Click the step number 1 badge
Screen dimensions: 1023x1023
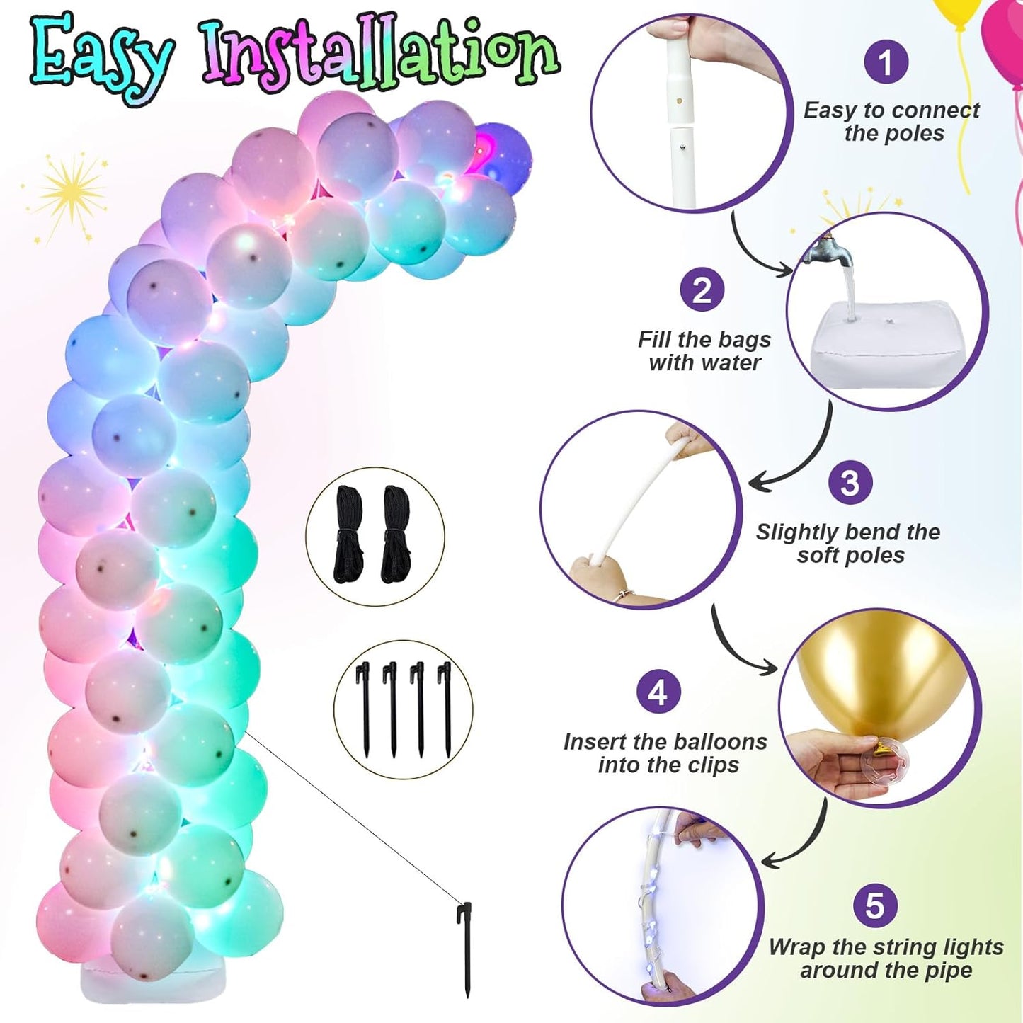point(886,62)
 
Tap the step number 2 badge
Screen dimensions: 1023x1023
point(702,290)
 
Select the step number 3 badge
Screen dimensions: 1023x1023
point(850,483)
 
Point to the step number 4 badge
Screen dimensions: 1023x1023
point(658,692)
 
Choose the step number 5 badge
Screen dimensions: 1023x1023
point(875,905)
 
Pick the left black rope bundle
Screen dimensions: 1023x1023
point(349,535)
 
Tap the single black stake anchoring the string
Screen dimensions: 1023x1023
point(465,949)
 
